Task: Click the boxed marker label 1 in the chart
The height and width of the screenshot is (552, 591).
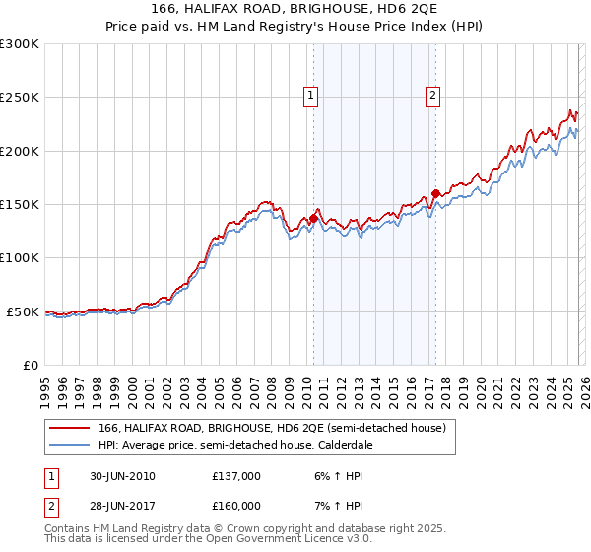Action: [x=311, y=96]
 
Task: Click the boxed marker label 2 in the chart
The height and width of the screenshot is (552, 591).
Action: [x=432, y=96]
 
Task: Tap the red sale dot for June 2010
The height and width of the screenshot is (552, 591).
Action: [x=313, y=218]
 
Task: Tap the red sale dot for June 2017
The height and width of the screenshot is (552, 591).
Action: [x=435, y=193]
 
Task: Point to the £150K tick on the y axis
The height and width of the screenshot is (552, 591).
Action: [x=20, y=204]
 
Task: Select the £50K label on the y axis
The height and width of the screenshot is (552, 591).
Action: [x=24, y=311]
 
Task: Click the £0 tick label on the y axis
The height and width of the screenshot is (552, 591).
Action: [x=32, y=365]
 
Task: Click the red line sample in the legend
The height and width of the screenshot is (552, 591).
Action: [x=69, y=429]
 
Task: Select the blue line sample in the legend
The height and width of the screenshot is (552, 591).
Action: [x=69, y=445]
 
